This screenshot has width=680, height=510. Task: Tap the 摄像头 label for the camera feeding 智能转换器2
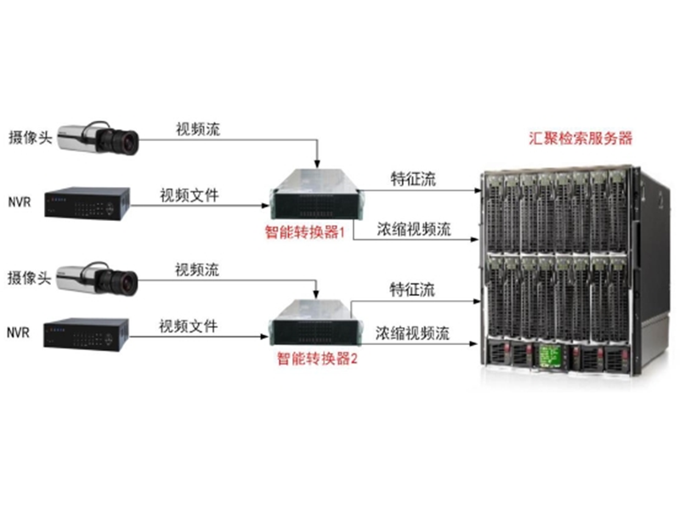tap(26, 276)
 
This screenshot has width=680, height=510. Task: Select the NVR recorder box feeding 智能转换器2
tap(86, 333)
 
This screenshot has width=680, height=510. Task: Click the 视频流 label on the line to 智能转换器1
tap(198, 130)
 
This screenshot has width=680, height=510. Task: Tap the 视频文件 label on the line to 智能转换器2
tap(188, 326)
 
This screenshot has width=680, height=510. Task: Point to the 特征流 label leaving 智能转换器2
tap(412, 290)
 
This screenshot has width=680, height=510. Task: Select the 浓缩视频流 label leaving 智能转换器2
tap(413, 331)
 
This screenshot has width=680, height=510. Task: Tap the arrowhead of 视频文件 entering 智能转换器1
tap(261, 205)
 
